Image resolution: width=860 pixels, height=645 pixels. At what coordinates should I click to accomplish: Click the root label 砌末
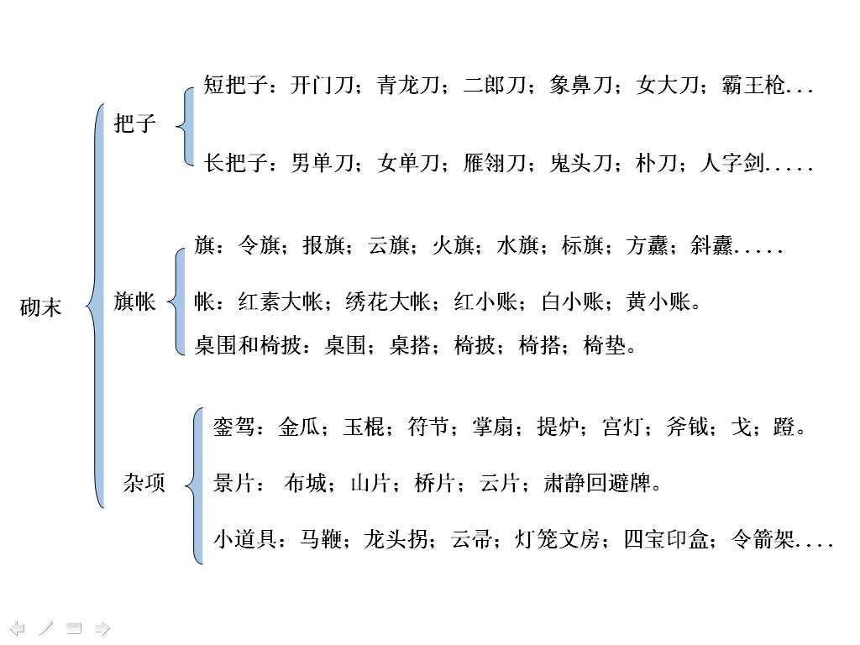click(40, 307)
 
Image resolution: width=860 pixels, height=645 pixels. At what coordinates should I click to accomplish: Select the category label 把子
click(135, 124)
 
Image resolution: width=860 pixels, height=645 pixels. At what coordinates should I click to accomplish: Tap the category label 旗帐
click(134, 302)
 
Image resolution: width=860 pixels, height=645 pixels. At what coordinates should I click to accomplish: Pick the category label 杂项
click(144, 484)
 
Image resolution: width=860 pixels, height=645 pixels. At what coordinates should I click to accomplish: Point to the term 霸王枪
click(753, 86)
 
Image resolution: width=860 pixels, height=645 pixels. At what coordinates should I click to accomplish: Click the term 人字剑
click(732, 164)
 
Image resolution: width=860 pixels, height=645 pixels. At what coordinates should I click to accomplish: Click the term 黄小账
click(658, 302)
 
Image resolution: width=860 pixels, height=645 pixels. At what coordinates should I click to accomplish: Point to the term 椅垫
click(605, 345)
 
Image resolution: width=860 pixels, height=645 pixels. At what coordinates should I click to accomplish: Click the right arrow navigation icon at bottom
click(102, 628)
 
